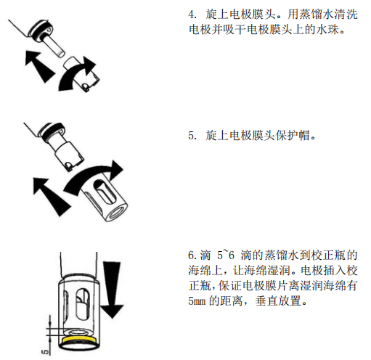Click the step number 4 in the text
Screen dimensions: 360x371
[x=190, y=14]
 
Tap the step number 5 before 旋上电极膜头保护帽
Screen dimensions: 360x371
[x=190, y=136]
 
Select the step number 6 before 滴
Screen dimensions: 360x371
[x=190, y=255]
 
